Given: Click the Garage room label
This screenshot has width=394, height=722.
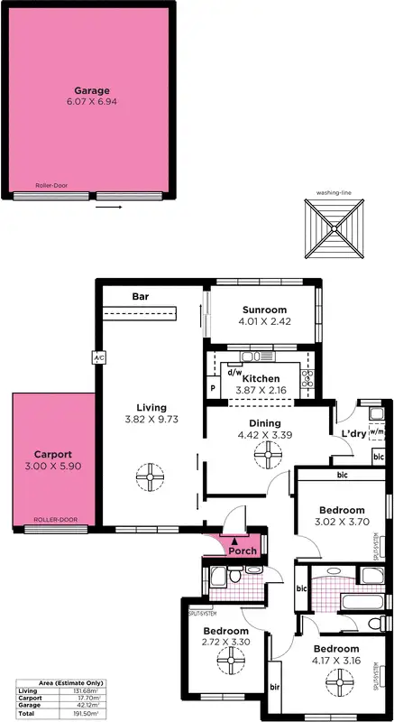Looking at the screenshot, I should tap(92, 90).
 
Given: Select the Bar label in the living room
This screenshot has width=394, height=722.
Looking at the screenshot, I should tap(141, 296).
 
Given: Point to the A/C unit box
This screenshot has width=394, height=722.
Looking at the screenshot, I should tap(96, 358).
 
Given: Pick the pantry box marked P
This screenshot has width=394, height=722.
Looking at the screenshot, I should tap(213, 389).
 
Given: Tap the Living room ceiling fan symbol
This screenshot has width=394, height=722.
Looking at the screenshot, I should tap(145, 475).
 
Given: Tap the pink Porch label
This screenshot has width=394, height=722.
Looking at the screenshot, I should tap(243, 551).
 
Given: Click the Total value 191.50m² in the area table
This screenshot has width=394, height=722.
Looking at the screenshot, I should tap(86, 713).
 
